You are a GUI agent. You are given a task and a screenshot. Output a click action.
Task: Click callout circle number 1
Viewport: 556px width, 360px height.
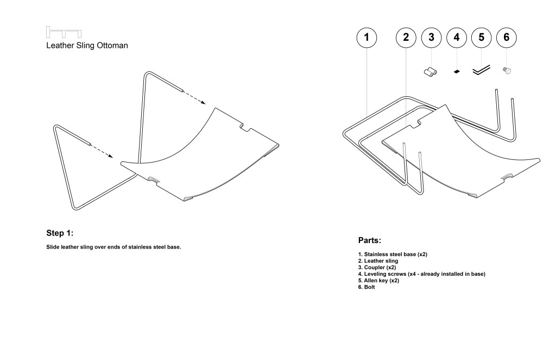tap(367, 37)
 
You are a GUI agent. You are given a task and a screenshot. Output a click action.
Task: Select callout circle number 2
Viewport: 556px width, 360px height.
tap(406, 37)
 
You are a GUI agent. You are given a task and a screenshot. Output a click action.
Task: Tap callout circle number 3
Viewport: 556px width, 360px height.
tap(431, 37)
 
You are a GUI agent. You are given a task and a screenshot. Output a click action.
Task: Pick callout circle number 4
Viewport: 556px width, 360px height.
tap(456, 37)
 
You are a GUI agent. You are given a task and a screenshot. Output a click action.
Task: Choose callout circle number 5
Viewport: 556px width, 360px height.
tap(481, 37)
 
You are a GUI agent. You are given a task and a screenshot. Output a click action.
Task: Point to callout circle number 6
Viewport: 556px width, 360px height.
tap(507, 37)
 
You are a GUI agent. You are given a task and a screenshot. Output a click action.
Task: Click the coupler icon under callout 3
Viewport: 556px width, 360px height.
tap(431, 71)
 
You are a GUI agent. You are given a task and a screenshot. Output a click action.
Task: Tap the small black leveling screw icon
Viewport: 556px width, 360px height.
tap(456, 71)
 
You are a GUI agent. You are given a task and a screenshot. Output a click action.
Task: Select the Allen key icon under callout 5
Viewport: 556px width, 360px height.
tap(481, 70)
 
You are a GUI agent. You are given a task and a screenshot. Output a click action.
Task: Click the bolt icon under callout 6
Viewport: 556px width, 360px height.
tap(507, 70)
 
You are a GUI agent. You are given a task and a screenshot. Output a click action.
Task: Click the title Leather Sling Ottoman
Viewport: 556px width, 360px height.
tap(87, 46)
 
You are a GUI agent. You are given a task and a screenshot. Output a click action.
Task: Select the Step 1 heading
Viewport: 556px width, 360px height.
tap(60, 233)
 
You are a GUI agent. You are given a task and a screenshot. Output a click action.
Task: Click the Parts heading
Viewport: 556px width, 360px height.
tap(370, 240)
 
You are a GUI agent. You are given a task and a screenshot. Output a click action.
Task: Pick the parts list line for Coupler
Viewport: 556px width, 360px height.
tap(380, 268)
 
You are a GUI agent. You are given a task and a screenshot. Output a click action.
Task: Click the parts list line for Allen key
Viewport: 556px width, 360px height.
tap(382, 281)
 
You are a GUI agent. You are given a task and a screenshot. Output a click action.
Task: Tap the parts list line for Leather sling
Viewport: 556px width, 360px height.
tap(382, 261)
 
